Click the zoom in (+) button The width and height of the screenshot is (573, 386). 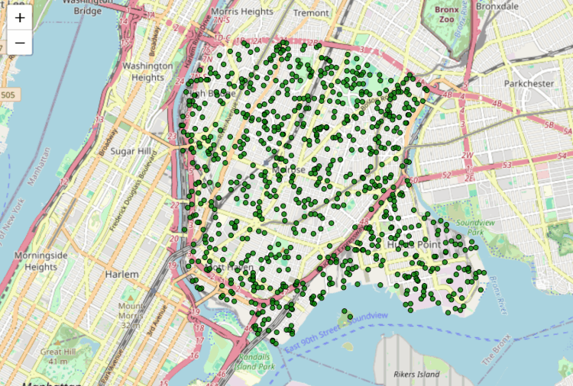tap(20, 18)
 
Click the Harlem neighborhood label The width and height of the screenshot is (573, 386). tap(123, 274)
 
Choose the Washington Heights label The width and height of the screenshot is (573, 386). tap(147, 72)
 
